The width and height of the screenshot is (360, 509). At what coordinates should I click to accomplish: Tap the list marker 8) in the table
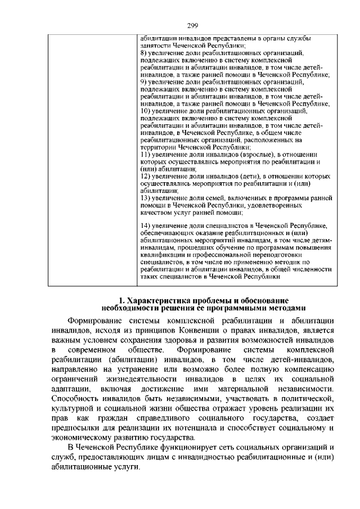pyautogui.click(x=143, y=52)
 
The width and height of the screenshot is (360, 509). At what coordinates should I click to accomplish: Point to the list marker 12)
pyautogui.click(x=145, y=176)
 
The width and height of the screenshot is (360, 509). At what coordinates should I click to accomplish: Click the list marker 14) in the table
pyautogui.click(x=145, y=226)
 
